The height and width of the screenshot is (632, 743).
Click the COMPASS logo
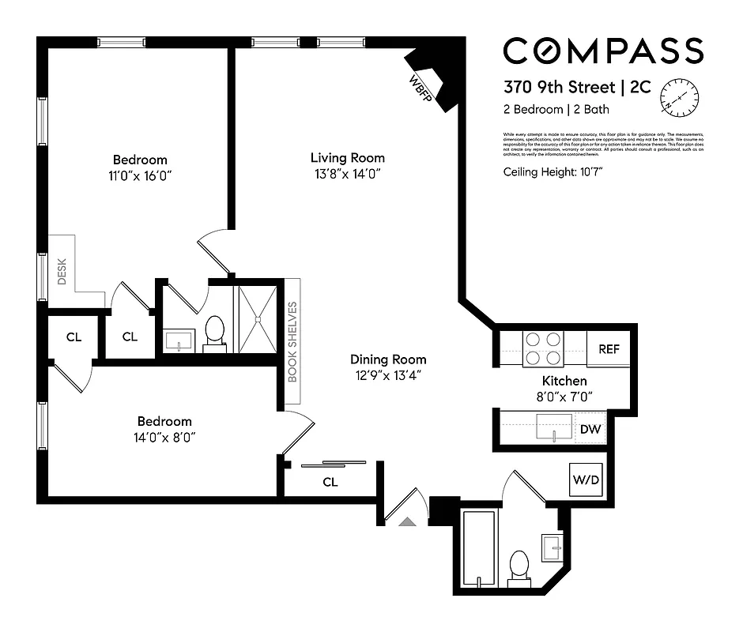(x=603, y=51)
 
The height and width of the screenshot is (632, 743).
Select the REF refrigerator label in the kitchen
(x=609, y=349)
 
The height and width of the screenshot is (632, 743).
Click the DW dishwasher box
(x=590, y=429)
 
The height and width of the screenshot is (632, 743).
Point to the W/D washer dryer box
(x=586, y=478)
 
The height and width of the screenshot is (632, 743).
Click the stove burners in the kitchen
(x=543, y=348)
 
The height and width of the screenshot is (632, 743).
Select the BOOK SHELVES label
(x=292, y=341)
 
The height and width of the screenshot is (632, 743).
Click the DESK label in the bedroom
(x=62, y=272)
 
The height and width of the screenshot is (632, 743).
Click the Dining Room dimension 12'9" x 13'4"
(x=388, y=376)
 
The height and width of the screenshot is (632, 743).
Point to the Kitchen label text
(x=564, y=381)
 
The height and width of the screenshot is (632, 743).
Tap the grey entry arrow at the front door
(x=407, y=521)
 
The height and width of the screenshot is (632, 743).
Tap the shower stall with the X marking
(x=259, y=316)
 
